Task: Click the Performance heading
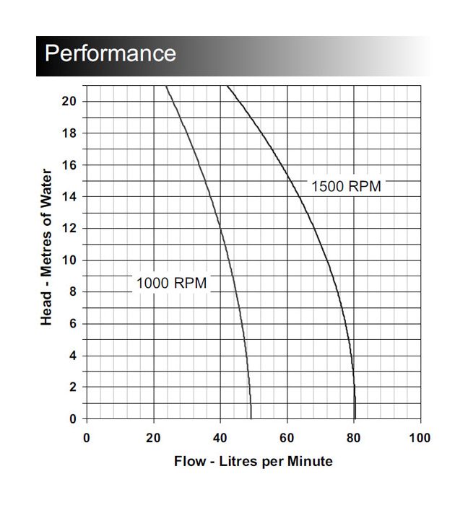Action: [110, 53]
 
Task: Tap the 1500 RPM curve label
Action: [345, 186]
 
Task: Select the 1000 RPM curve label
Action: [171, 283]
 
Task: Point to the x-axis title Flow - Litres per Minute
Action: [253, 460]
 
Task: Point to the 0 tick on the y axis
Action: [73, 418]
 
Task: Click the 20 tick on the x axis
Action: [153, 438]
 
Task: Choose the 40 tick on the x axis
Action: [220, 438]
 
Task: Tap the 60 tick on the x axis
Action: [287, 438]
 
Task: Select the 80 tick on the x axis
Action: [354, 438]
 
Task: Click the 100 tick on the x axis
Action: [420, 438]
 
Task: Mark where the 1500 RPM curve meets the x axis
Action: [355, 418]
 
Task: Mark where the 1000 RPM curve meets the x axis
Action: [251, 418]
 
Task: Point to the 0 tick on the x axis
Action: [87, 438]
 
